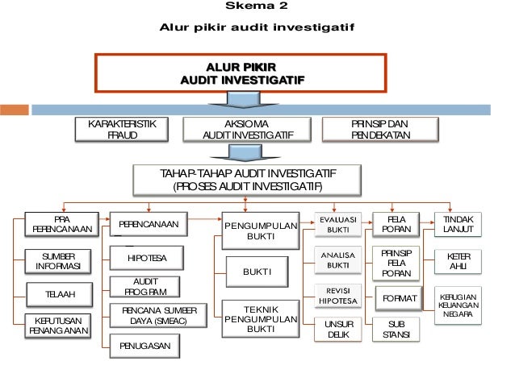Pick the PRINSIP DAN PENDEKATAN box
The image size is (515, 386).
(380, 130)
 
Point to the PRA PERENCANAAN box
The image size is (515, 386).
(61, 225)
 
